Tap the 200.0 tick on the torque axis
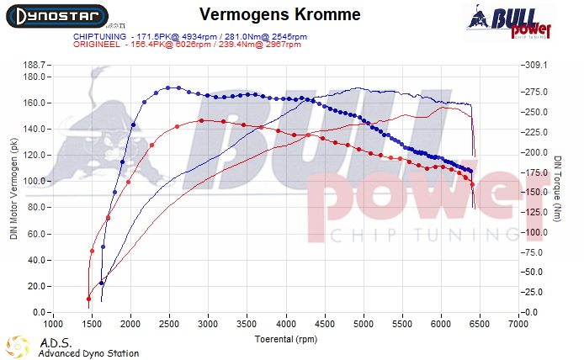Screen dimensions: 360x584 [x=535, y=153]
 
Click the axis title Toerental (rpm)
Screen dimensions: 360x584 [x=285, y=338]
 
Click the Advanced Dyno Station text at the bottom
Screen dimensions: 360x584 [x=88, y=354]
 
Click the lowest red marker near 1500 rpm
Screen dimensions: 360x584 [x=88, y=299]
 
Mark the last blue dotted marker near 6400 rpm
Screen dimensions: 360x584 [x=470, y=172]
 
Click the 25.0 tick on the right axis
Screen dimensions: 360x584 [x=535, y=292]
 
